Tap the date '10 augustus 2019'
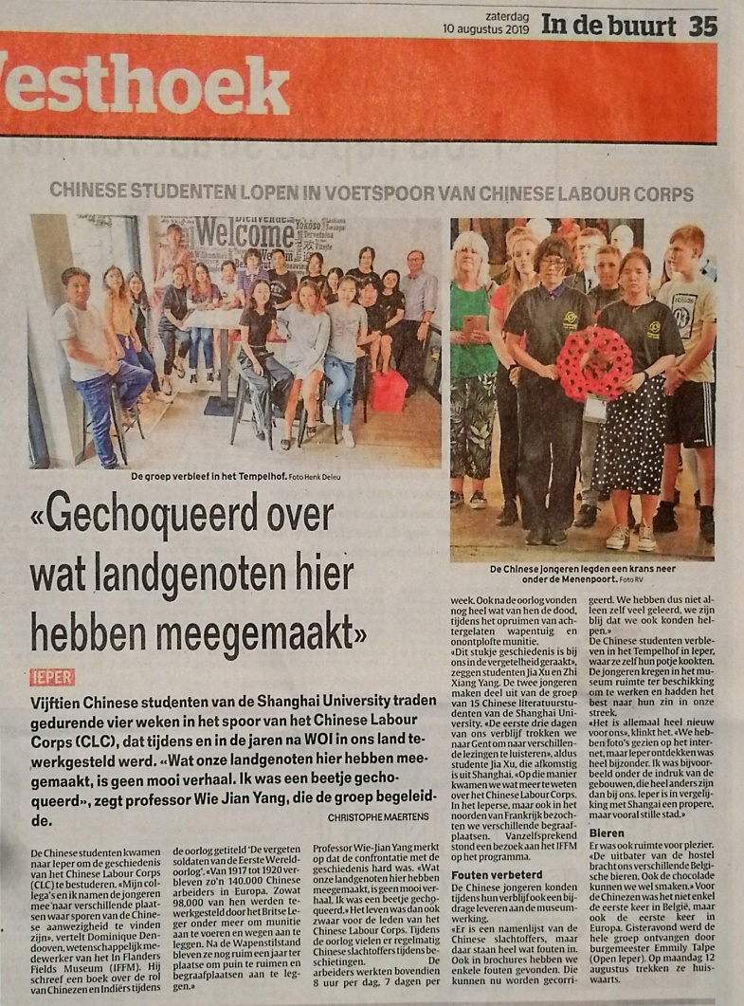488,29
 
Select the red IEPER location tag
52,677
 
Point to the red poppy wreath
593,364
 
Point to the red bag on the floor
389,392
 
